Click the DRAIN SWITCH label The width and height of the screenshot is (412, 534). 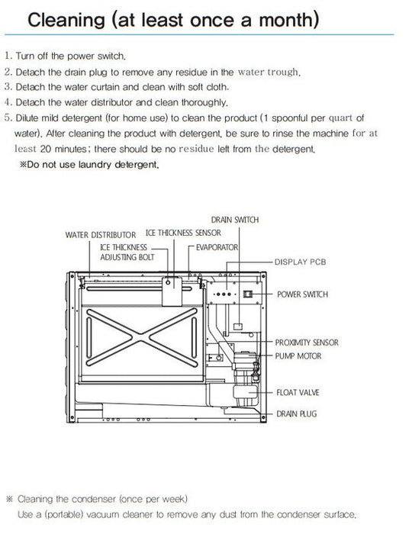235,220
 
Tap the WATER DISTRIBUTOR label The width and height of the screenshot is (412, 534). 101,235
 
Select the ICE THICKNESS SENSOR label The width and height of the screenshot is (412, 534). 183,233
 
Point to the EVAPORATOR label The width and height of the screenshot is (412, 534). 217,247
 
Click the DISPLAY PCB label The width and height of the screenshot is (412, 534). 301,262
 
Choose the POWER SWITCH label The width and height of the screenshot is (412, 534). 302,294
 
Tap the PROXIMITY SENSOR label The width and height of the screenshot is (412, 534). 307,343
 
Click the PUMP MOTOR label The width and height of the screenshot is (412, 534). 298,356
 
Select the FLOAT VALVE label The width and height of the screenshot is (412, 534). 298,393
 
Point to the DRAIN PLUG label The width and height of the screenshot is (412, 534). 297,413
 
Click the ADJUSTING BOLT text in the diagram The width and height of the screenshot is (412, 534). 127,257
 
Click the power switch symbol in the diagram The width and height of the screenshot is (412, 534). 248,294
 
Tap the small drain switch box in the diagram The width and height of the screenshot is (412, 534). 238,327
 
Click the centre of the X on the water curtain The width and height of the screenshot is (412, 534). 141,337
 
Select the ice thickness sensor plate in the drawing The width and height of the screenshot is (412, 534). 172,291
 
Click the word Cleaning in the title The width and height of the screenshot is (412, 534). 66,20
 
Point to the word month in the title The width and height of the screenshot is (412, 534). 286,20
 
